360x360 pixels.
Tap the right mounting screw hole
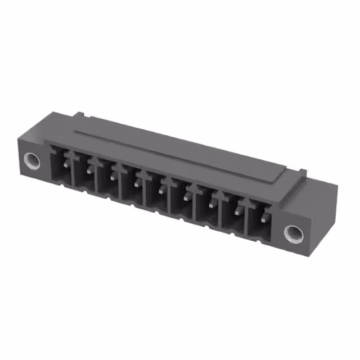point(292,232)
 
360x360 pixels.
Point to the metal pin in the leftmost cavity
point(66,163)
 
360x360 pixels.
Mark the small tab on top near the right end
point(303,170)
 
